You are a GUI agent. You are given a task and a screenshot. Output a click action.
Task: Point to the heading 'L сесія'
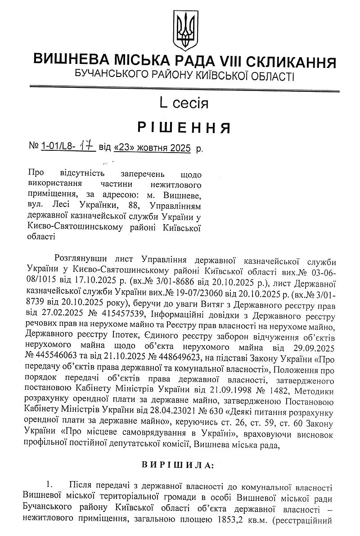tap(184, 103)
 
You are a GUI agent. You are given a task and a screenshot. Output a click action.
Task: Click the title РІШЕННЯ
tap(184, 128)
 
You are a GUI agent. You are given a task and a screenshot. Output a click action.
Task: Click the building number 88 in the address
tap(134, 206)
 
